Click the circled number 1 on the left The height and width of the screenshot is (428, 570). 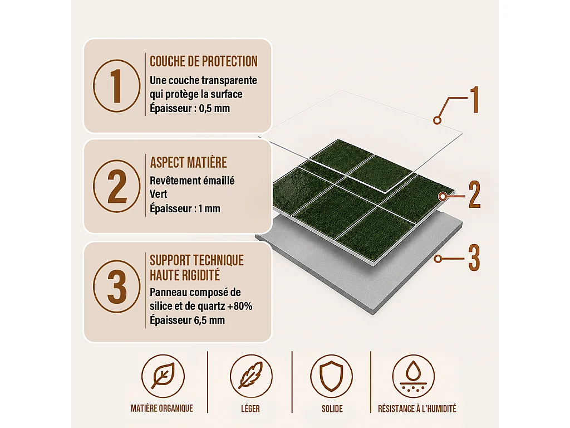117,86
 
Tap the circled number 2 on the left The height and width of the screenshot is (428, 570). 117,186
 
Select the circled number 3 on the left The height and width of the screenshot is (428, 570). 117,286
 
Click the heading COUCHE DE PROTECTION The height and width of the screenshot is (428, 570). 204,61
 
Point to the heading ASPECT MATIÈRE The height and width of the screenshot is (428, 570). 188,162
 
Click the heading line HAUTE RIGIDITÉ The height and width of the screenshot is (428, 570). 185,275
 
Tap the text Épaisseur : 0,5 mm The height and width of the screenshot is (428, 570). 190,109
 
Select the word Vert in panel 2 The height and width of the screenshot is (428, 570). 158,194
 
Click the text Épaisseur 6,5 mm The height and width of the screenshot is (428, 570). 187,320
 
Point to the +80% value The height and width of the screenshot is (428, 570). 239,306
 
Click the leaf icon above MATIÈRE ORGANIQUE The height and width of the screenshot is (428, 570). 163,376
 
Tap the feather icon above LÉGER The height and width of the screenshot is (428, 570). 251,376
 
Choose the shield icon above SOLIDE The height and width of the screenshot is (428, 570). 332,376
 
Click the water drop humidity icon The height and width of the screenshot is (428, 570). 414,376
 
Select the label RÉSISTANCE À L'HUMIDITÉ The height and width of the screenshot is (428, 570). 417,408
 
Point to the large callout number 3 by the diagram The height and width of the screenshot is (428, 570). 474,258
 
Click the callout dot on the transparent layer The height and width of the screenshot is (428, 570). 438,120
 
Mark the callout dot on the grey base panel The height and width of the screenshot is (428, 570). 438,259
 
